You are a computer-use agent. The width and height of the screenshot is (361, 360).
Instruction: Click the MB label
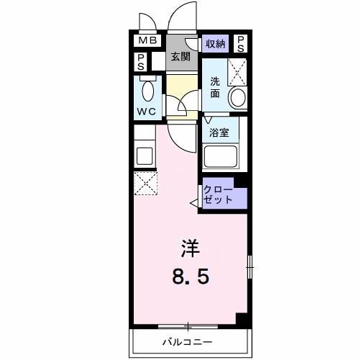pyautogui.click(x=147, y=42)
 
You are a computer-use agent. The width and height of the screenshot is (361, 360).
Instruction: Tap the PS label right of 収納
pyautogui.click(x=240, y=44)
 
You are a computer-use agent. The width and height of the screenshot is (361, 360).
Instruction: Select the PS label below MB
pyautogui.click(x=142, y=61)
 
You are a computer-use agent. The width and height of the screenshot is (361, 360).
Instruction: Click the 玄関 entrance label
pyautogui.click(x=180, y=56)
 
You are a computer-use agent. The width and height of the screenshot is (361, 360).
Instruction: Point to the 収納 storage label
pyautogui.click(x=215, y=43)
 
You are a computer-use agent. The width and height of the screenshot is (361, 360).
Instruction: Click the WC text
pyautogui.click(x=147, y=112)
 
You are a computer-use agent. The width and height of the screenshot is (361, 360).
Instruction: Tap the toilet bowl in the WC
pyautogui.click(x=148, y=92)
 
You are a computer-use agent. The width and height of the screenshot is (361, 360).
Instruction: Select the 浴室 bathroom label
pyautogui.click(x=219, y=133)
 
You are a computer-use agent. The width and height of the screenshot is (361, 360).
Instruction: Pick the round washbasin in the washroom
pyautogui.click(x=237, y=97)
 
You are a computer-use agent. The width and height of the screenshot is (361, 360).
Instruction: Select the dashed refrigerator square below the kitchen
pyautogui.click(x=146, y=184)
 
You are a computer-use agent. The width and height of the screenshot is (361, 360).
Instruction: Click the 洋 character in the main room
pyautogui.click(x=189, y=249)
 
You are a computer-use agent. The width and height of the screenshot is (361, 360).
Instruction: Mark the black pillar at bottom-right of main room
pyautogui.click(x=243, y=320)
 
